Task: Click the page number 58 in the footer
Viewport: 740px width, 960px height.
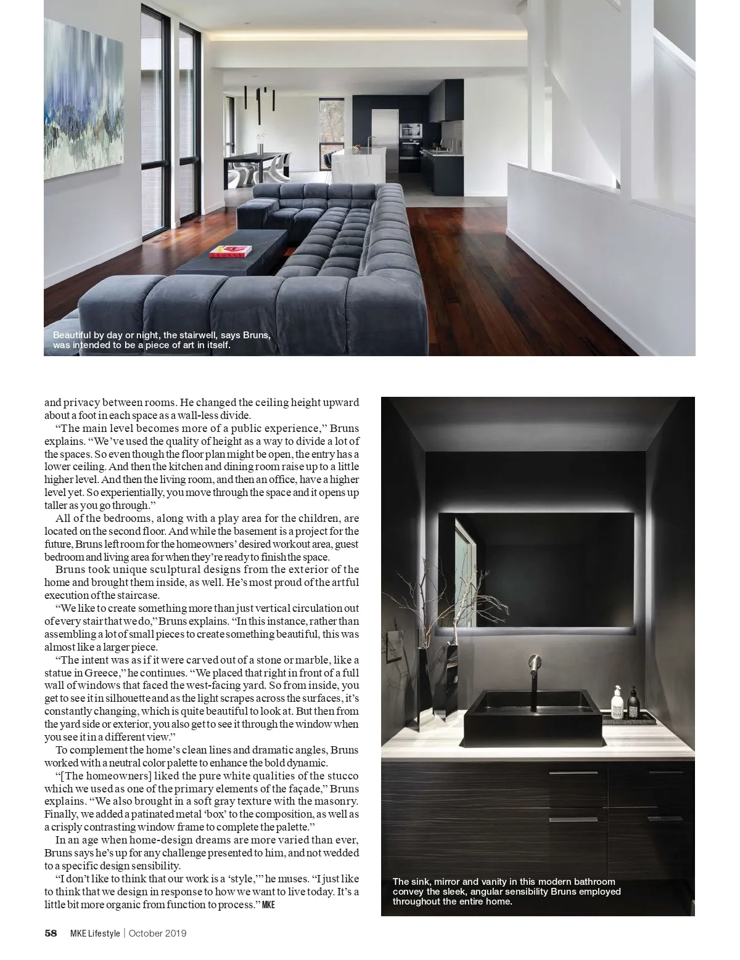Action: [51, 933]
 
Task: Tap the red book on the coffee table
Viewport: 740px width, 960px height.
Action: [231, 251]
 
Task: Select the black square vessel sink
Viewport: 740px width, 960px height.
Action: [532, 713]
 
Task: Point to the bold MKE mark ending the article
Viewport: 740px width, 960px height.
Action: [268, 905]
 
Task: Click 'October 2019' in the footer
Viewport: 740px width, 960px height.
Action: [158, 933]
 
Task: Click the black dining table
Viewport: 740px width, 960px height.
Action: [259, 158]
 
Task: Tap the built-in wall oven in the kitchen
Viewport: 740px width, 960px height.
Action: [410, 131]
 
